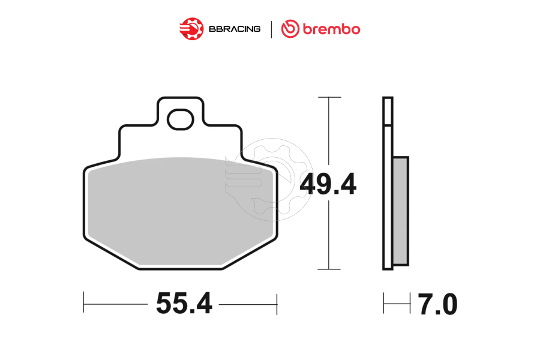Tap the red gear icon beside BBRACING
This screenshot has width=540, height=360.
[x=191, y=29]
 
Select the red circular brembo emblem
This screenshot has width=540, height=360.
[x=291, y=29]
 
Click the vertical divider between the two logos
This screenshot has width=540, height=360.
[x=272, y=29]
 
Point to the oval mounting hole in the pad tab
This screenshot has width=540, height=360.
[x=180, y=120]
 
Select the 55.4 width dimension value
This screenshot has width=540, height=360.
[x=184, y=304]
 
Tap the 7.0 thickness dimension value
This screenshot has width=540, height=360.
[x=437, y=305]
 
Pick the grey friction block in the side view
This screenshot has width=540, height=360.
[x=400, y=211]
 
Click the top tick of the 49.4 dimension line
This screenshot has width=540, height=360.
[x=329, y=97]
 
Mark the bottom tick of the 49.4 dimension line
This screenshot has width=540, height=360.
[x=329, y=269]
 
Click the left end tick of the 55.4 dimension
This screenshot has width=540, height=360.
[x=83, y=304]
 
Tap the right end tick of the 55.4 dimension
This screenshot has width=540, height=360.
[x=277, y=304]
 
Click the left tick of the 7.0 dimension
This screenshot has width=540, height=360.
[x=384, y=304]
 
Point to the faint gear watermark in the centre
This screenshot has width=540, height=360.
[x=269, y=177]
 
